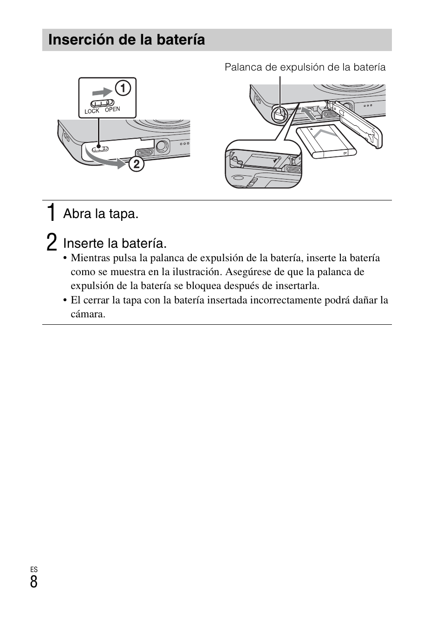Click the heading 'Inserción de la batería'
pyautogui.click(x=126, y=40)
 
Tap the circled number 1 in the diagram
pyautogui.click(x=123, y=88)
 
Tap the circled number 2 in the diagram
pyautogui.click(x=136, y=164)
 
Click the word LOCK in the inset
pyautogui.click(x=92, y=111)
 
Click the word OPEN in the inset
pyautogui.click(x=112, y=109)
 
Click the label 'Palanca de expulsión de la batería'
pyautogui.click(x=305, y=67)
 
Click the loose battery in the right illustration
pyautogui.click(x=326, y=142)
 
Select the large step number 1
pyautogui.click(x=52, y=213)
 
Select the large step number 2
pyautogui.click(x=52, y=243)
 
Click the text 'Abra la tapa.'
pyautogui.click(x=101, y=214)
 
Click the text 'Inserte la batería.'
pyautogui.click(x=115, y=243)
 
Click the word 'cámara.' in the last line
pyautogui.click(x=88, y=314)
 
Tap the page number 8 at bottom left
pyautogui.click(x=34, y=582)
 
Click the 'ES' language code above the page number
pyautogui.click(x=34, y=570)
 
